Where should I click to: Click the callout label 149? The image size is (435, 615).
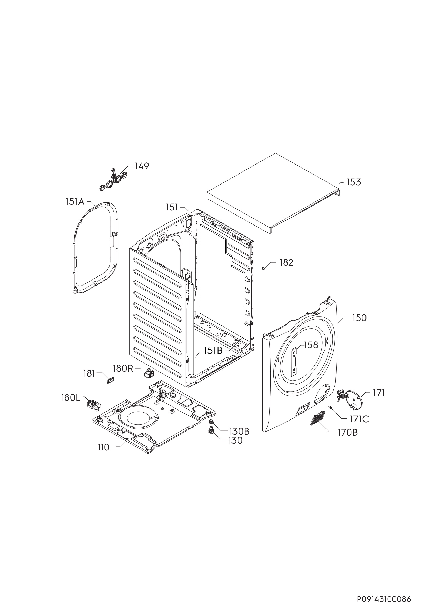coord(142,166)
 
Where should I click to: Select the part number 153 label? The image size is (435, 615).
coord(354,182)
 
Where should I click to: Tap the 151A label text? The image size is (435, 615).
coord(75,202)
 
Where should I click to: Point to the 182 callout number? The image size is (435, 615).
coord(286,262)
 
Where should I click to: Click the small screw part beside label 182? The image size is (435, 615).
coord(263,268)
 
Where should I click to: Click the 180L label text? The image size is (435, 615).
coord(71,398)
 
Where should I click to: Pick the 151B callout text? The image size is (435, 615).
coord(213,351)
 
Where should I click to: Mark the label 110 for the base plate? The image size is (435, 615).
coord(103,447)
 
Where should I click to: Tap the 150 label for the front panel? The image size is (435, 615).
coord(359,318)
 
